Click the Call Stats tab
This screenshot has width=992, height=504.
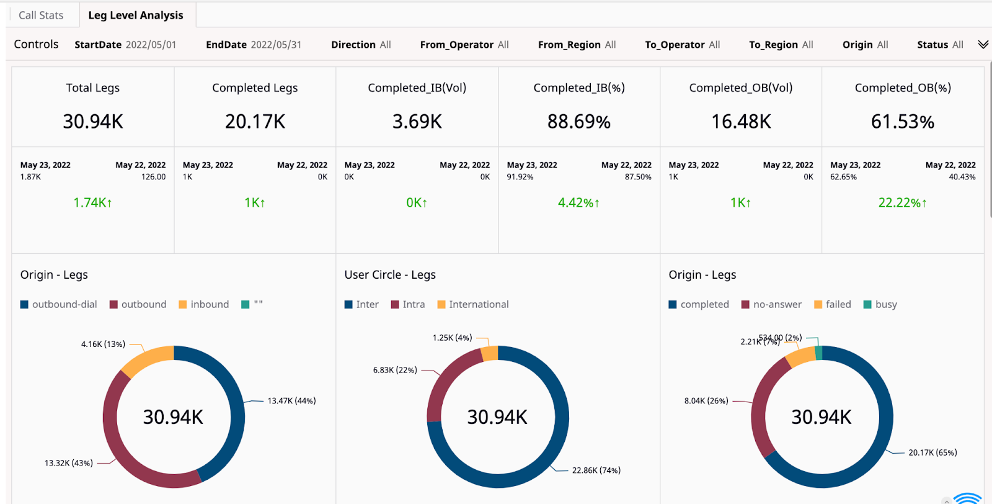pos(41,15)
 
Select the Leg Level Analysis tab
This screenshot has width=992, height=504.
pos(136,15)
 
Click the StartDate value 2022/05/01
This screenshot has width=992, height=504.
pos(151,45)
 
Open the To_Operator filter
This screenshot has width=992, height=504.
pos(682,45)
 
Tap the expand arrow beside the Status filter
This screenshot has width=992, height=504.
pos(983,44)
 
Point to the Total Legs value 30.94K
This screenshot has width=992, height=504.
pos(93,121)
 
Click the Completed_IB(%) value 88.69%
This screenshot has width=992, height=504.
pos(578,122)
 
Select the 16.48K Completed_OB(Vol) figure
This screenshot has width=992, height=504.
pos(741,122)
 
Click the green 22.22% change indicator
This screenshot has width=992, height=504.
pos(902,203)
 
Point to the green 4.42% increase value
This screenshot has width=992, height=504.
pos(578,203)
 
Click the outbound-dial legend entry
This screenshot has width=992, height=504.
pos(59,304)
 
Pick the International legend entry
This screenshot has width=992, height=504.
pos(473,304)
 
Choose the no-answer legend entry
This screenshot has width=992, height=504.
pos(771,304)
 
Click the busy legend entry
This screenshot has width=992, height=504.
pos(880,304)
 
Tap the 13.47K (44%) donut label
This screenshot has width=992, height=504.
pos(291,401)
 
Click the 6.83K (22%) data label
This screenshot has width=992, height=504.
pos(395,370)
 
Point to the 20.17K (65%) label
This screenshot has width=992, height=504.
pos(932,452)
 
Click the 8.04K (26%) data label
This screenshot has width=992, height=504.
pos(706,401)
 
